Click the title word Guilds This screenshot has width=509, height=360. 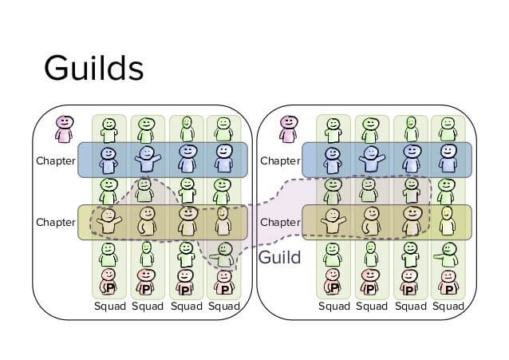94,68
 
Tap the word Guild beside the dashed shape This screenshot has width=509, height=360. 279,257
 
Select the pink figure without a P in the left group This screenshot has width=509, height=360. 65,129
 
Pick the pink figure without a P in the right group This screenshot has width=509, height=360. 289,129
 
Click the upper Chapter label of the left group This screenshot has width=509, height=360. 56,160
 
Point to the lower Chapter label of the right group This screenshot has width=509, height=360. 280,222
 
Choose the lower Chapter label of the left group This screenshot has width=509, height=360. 56,222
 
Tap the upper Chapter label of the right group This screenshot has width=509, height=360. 280,160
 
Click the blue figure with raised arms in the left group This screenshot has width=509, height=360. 148,159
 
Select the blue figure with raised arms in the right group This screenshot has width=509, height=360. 372,159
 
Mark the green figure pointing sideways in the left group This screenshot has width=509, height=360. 223,255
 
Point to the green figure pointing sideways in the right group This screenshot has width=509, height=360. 446,255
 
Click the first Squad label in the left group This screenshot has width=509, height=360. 110,307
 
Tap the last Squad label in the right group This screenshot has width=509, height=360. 448,307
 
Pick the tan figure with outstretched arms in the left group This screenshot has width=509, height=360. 109,221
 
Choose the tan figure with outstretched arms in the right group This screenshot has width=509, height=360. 333,221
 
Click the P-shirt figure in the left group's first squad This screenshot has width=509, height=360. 108,282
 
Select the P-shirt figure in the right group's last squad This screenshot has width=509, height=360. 448,283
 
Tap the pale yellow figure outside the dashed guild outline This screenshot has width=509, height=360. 447,220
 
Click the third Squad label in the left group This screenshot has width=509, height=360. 187,307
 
